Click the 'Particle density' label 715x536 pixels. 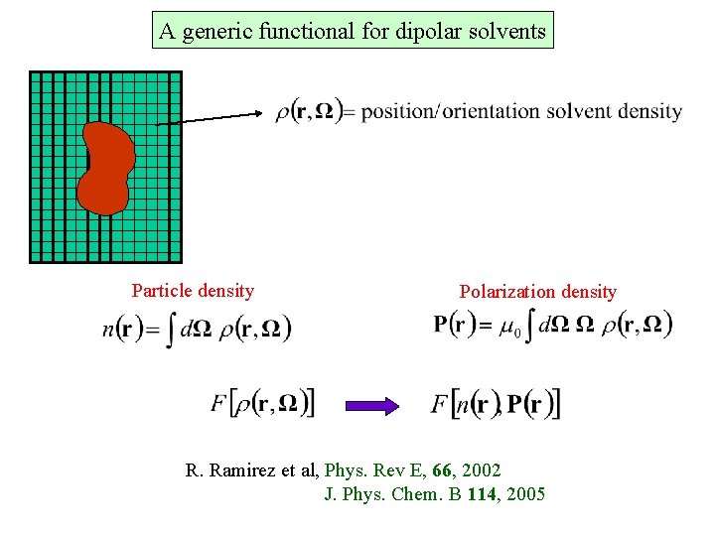(193, 291)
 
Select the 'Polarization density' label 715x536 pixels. (537, 292)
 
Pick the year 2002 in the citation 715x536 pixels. (482, 469)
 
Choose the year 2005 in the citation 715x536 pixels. (526, 493)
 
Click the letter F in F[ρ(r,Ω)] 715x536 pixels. (219, 403)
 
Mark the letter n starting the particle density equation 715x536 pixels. (107, 329)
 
